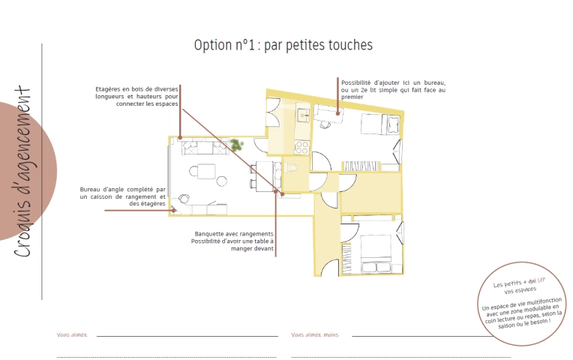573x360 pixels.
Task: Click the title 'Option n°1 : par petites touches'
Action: click(283, 45)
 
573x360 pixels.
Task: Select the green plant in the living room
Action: click(237, 144)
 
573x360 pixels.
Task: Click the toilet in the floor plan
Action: click(292, 168)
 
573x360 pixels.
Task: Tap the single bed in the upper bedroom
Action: click(378, 124)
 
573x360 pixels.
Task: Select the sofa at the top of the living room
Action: click(197, 147)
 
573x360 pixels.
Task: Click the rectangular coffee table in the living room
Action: click(203, 171)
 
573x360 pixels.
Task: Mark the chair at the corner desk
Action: click(184, 199)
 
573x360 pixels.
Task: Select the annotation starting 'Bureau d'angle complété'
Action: click(123, 196)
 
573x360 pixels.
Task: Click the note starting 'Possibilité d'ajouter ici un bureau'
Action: click(393, 89)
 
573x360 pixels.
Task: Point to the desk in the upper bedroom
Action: click(328, 112)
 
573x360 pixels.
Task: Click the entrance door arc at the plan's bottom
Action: click(328, 199)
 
